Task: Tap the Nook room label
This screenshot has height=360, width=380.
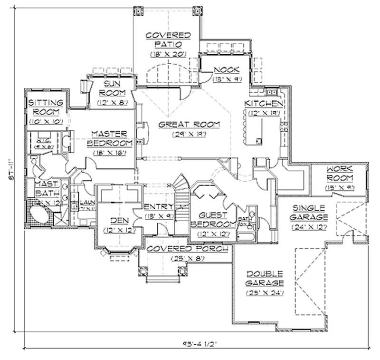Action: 226,69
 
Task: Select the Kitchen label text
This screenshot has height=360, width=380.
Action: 264,103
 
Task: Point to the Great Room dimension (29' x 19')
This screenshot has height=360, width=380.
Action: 189,135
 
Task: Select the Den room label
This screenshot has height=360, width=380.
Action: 117,221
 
